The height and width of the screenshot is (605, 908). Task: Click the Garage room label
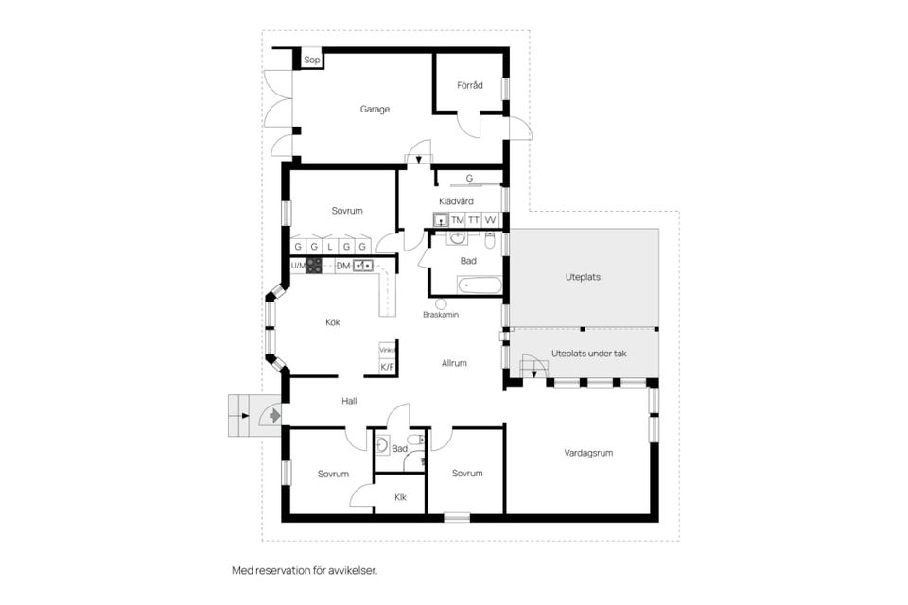[x=375, y=109]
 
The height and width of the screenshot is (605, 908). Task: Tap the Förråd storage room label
[x=470, y=85]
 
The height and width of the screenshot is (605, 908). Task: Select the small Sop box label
[x=311, y=60]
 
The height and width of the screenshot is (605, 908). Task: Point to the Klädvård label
[x=456, y=201]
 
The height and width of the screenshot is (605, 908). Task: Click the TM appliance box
[x=458, y=220]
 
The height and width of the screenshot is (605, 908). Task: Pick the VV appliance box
[x=491, y=220]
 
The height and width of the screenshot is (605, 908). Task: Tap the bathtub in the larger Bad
[x=480, y=285]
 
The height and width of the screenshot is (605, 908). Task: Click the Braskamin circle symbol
[x=442, y=304]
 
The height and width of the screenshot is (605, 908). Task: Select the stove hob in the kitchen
[x=314, y=266]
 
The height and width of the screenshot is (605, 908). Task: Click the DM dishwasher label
[x=343, y=266]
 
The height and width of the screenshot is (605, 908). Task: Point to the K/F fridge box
[x=387, y=367]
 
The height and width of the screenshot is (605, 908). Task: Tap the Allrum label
[x=454, y=363]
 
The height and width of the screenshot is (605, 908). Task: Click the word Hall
[x=349, y=401]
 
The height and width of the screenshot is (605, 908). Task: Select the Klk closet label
[x=400, y=497]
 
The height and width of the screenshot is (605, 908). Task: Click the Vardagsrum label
[x=588, y=453]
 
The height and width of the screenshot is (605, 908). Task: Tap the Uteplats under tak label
[x=589, y=354]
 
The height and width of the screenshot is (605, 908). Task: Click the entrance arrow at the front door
[x=274, y=416]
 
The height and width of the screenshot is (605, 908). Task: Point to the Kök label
[x=332, y=322]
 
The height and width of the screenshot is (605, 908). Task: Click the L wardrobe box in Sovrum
[x=330, y=246]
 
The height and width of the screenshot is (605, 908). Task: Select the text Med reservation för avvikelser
[x=305, y=570]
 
